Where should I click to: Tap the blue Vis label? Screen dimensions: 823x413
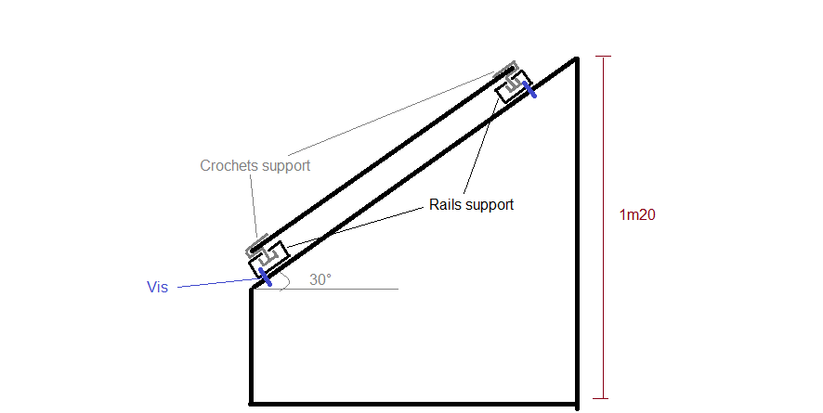(x=157, y=288)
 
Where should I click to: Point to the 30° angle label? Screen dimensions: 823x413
(x=320, y=279)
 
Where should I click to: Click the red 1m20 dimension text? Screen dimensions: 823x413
(x=638, y=215)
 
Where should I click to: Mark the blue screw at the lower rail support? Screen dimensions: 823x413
(x=265, y=277)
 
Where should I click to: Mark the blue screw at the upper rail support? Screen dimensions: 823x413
(x=529, y=89)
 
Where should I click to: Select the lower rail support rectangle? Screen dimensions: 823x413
(x=269, y=257)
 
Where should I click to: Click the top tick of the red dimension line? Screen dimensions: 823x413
(x=605, y=58)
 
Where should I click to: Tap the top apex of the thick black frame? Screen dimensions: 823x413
(x=577, y=59)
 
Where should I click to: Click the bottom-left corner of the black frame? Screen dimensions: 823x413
(x=252, y=403)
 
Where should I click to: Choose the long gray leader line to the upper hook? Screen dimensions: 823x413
(x=399, y=111)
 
